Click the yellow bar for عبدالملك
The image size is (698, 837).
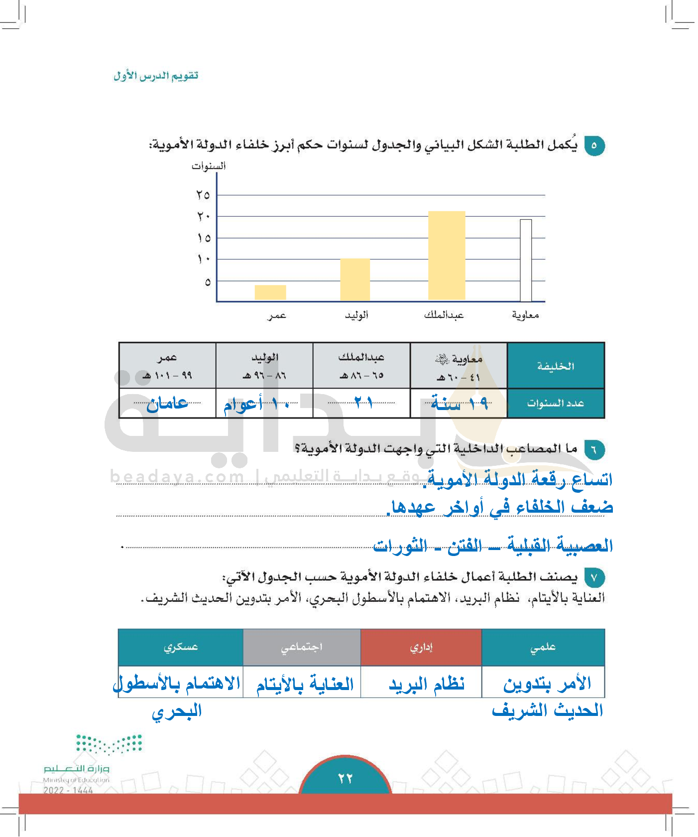pos(447,255)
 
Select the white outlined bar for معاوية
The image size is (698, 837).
pos(526,260)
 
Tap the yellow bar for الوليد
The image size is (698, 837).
pos(355,279)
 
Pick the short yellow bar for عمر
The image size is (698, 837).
pos(270,292)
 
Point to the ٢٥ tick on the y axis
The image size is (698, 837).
pos(203,195)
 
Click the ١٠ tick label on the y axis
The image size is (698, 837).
pos(203,259)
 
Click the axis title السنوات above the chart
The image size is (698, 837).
pos(209,166)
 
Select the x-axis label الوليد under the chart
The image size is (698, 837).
pos(356,315)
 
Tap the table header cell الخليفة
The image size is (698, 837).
pos(556,366)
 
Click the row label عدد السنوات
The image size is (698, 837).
pos(556,403)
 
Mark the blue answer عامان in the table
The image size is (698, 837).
pos(167,403)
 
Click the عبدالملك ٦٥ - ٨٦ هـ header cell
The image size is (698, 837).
pos(361,366)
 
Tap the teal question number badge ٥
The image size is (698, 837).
pos(594,145)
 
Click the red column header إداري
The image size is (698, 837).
pos(421,647)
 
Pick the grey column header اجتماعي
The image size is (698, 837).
pos(302,647)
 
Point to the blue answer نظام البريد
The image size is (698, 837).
pos(427,684)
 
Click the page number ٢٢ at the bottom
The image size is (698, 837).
pos(345,778)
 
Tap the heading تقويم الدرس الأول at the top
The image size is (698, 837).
pos(156,76)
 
